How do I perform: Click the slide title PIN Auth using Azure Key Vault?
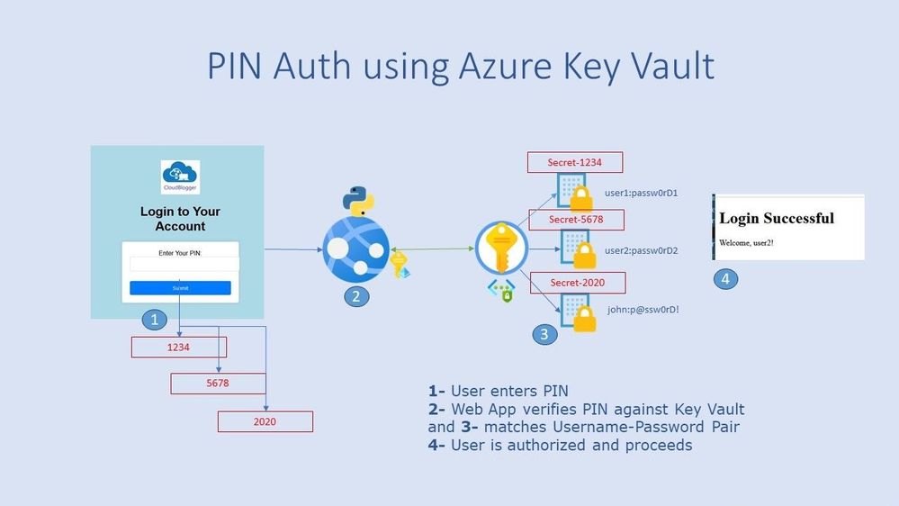(461, 67)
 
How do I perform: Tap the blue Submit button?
(180, 288)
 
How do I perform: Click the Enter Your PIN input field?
(184, 264)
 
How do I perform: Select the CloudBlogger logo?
(180, 177)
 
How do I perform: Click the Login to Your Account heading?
(180, 219)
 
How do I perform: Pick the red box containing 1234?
(178, 347)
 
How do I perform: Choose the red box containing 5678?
(219, 384)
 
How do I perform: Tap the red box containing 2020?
(265, 421)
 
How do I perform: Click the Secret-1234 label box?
(574, 163)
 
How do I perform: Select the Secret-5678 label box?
(575, 220)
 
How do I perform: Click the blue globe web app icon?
(355, 249)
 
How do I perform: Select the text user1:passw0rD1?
(653, 193)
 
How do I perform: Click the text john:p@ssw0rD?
(643, 310)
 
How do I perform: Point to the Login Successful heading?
(777, 218)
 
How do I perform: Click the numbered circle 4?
(725, 279)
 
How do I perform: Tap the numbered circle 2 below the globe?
(356, 296)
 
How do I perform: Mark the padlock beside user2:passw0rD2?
(586, 256)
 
